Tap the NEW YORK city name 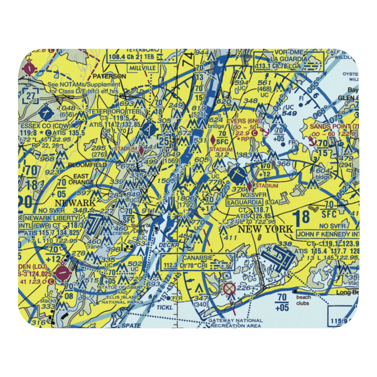tap(265, 229)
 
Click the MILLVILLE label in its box tap(143, 68)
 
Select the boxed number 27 tap(31, 96)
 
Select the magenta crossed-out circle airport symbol tap(229, 289)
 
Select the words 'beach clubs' tap(302, 300)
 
